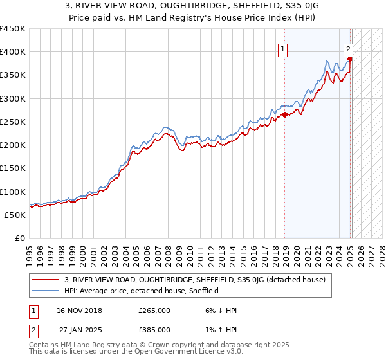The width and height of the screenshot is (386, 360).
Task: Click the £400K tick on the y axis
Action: coord(13,52)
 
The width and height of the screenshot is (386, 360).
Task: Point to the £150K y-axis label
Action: coord(13,168)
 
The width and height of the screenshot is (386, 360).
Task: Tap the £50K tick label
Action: coord(15,215)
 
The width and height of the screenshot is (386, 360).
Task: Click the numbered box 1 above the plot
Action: coord(282,48)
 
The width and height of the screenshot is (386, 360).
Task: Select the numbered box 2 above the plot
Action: coord(348,48)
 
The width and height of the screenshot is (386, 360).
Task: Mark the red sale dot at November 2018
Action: coord(284,116)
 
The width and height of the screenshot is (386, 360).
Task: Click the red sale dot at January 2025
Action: coord(350,59)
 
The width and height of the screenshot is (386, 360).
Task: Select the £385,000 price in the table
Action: coord(154,330)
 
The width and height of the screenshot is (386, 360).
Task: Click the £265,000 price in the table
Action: coord(154,310)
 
